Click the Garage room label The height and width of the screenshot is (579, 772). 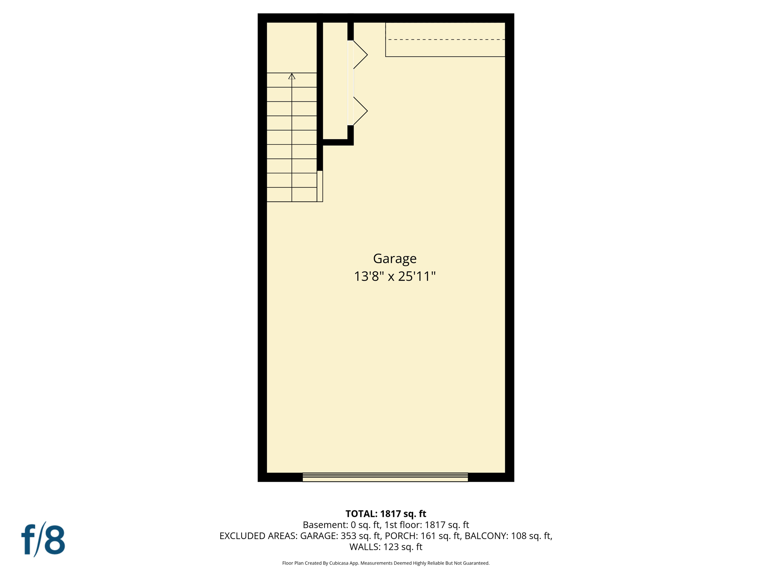(394, 259)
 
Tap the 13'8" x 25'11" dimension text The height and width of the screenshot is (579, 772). (394, 276)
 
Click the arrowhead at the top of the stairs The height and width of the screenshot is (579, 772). (292, 76)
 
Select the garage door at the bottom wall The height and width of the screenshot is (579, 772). (385, 477)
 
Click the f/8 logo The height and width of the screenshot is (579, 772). (43, 539)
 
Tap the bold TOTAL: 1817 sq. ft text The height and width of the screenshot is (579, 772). (386, 513)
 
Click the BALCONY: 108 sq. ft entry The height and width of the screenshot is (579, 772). (508, 536)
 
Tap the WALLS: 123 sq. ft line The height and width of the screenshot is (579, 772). (386, 547)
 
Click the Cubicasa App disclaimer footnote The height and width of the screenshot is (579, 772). (386, 563)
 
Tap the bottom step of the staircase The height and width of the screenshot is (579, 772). (292, 195)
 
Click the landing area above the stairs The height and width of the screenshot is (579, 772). (292, 47)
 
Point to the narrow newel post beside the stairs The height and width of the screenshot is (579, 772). (320, 186)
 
